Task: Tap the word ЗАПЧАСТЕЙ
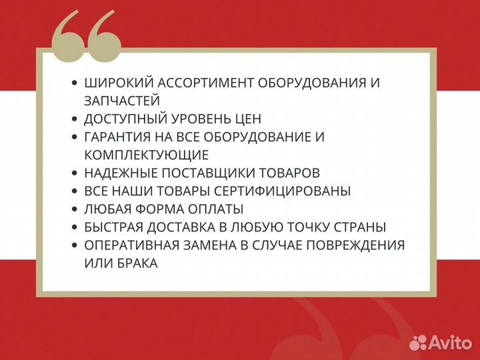(122, 101)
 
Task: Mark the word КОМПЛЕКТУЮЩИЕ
(147, 155)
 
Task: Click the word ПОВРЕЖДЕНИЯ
(354, 245)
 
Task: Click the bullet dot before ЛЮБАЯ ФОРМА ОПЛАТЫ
(74, 209)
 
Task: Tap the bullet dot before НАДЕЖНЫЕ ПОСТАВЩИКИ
(74, 173)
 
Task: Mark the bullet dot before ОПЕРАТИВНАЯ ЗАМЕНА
(74, 245)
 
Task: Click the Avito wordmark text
(451, 342)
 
